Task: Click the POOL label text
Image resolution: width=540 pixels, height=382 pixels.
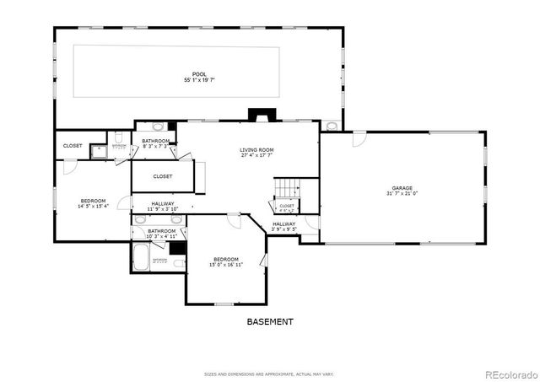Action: tap(199, 74)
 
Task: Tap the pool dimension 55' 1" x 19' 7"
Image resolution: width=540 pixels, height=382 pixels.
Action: tap(199, 80)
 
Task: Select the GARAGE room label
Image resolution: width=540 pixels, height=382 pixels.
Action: tap(402, 188)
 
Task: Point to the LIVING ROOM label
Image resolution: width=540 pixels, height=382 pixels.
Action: tap(257, 149)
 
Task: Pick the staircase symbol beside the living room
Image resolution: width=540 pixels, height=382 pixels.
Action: tap(289, 188)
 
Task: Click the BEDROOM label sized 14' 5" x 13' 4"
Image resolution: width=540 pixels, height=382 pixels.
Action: tap(94, 200)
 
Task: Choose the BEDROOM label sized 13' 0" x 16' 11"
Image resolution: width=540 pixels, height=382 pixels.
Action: tap(226, 259)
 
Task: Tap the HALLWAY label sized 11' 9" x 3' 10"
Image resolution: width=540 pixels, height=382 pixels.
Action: tap(163, 203)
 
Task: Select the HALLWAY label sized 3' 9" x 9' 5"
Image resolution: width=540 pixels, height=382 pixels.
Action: tap(283, 224)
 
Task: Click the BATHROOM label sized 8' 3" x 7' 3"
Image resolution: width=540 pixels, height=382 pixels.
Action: tap(156, 141)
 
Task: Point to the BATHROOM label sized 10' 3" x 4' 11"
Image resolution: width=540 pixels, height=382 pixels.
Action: tap(162, 231)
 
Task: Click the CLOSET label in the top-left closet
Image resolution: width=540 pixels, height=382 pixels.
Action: tap(73, 146)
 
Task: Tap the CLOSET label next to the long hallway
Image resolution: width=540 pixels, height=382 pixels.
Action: tap(163, 176)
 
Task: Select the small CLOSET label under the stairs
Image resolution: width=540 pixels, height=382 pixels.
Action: tap(287, 206)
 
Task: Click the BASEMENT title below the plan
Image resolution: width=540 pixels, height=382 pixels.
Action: tap(270, 321)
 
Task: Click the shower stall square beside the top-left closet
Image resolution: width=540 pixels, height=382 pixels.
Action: tap(99, 152)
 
